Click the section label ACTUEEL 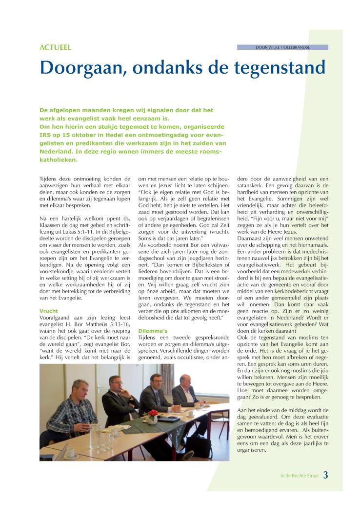[55, 47]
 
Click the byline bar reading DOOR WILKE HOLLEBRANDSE [282, 47]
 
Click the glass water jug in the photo [96, 432]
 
